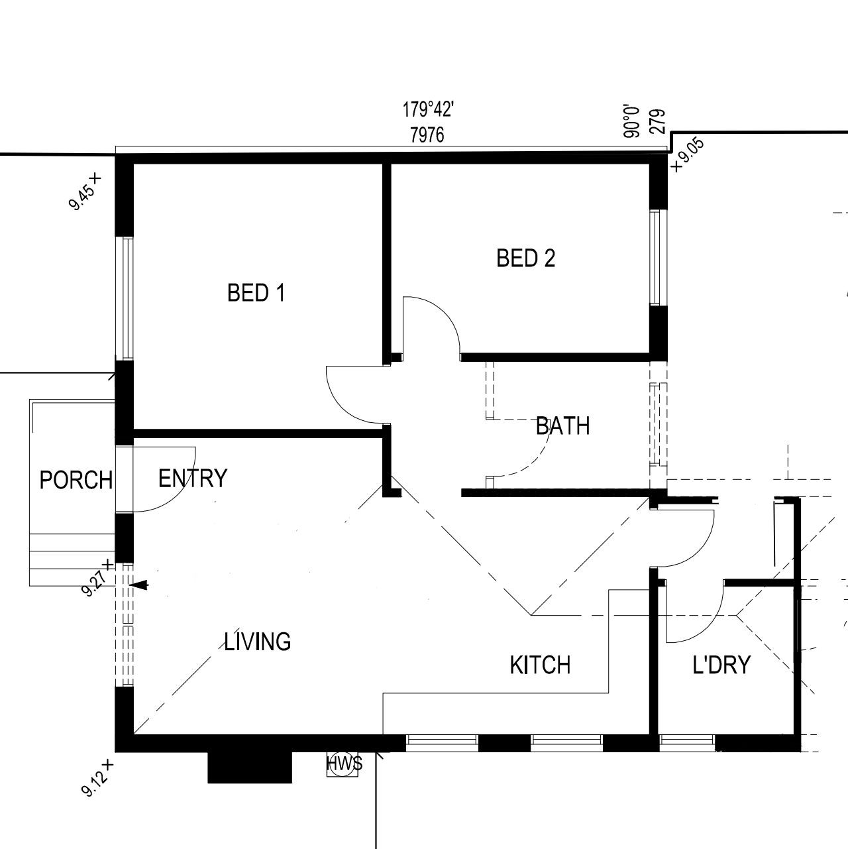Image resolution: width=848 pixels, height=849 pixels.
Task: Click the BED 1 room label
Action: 256,292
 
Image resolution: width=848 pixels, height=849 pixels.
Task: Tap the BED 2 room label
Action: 525,258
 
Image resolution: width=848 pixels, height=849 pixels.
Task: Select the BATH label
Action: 562,426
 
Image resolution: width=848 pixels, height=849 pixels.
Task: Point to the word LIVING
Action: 257,642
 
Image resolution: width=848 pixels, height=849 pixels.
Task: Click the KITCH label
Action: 540,665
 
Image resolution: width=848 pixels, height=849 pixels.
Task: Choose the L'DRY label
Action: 721,665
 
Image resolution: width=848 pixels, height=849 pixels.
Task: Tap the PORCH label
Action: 76,480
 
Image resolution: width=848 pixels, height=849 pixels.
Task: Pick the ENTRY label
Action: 193,478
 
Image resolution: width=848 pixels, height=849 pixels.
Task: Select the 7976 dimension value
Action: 427,135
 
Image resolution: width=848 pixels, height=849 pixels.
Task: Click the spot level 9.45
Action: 85,192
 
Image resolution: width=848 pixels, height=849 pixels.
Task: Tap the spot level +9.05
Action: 687,155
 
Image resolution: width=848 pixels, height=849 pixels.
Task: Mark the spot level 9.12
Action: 97,778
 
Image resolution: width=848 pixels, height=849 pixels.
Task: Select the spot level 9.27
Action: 97,578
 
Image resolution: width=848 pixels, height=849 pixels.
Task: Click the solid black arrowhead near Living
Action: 140,585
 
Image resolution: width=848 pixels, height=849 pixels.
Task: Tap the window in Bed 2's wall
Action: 658,257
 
